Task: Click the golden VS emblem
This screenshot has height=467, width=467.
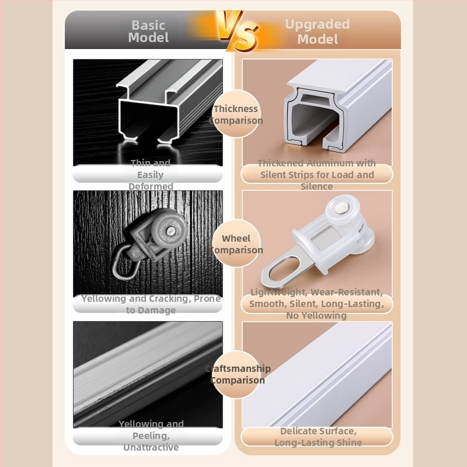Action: click(x=238, y=31)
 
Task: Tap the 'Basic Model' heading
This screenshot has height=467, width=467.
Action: click(x=148, y=32)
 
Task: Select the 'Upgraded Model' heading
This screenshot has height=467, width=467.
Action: click(x=318, y=32)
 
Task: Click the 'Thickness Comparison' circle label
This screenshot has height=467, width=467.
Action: click(x=236, y=114)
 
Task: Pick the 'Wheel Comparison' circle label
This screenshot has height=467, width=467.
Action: click(x=236, y=244)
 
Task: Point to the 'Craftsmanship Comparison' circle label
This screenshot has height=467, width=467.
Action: click(x=238, y=374)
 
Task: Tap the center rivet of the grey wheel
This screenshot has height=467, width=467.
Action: click(x=170, y=231)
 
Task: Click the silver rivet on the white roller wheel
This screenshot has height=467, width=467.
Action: click(x=341, y=208)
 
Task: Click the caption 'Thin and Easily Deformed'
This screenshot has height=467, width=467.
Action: click(x=151, y=175)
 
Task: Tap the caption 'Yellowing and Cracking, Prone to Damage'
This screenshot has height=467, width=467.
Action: click(x=151, y=304)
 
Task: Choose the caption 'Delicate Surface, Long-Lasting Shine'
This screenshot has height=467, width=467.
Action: click(x=318, y=437)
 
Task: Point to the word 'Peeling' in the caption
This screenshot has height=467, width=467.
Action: click(x=151, y=435)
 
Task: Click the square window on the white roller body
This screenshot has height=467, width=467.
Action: click(x=327, y=237)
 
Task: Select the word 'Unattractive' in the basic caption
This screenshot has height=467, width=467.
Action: click(x=151, y=447)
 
